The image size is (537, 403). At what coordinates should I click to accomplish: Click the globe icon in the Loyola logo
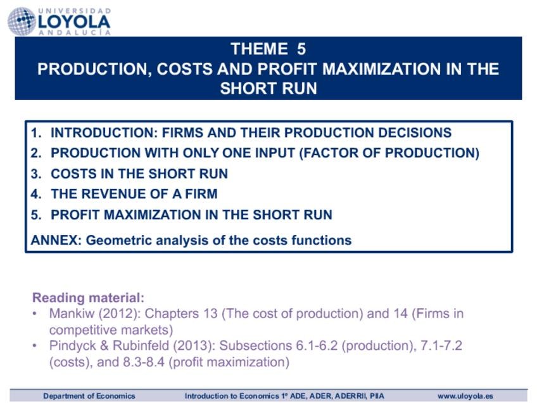pyautogui.click(x=22, y=22)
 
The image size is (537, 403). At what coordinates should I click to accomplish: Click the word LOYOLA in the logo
pyautogui.click(x=74, y=22)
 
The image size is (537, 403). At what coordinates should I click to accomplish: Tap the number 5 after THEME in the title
pyautogui.click(x=301, y=49)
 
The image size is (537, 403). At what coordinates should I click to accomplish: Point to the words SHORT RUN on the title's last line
pyautogui.click(x=268, y=89)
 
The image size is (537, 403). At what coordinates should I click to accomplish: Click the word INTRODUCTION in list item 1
pyautogui.click(x=104, y=132)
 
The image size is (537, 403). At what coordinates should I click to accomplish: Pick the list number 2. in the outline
pyautogui.click(x=36, y=153)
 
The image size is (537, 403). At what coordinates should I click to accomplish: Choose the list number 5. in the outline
pyautogui.click(x=36, y=215)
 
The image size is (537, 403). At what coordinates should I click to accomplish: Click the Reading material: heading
pyautogui.click(x=89, y=297)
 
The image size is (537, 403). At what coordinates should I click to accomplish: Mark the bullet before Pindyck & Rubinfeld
pyautogui.click(x=35, y=345)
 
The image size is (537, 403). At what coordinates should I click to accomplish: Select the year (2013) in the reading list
pyautogui.click(x=194, y=345)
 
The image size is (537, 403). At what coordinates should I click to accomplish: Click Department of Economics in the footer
pyautogui.click(x=89, y=396)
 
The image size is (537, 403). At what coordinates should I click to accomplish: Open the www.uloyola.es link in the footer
pyautogui.click(x=465, y=396)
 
